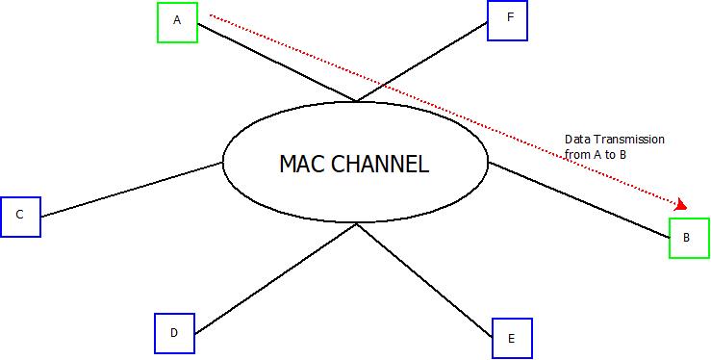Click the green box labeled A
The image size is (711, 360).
(x=177, y=21)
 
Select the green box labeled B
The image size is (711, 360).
(x=689, y=238)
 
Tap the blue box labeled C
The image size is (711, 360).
(x=19, y=216)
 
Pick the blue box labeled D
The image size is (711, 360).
(x=174, y=333)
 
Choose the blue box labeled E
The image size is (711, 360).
(x=511, y=338)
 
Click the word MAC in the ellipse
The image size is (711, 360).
(x=302, y=164)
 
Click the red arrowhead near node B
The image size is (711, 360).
(x=682, y=204)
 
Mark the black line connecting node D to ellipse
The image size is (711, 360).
(x=274, y=279)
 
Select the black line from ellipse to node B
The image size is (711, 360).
(x=577, y=197)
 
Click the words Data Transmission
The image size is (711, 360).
(x=615, y=141)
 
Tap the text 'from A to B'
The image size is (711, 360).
(x=596, y=154)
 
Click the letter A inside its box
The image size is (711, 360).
(x=177, y=21)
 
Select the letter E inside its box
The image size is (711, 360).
(x=511, y=338)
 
